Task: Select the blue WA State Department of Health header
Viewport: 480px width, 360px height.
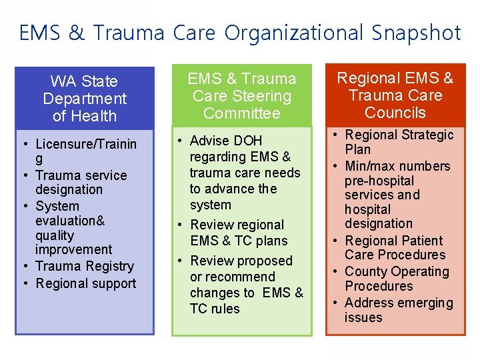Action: (x=85, y=99)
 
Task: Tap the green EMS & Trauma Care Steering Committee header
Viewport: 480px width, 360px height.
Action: (x=242, y=96)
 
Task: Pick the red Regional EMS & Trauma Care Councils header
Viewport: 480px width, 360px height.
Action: (x=395, y=95)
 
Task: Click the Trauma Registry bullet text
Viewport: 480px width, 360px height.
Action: (x=85, y=266)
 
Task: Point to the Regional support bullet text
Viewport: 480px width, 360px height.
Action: (x=86, y=283)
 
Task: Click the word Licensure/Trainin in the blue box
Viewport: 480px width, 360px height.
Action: (x=86, y=144)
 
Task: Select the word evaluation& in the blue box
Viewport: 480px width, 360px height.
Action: (x=70, y=221)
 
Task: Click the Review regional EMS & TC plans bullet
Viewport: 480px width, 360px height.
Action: (x=238, y=233)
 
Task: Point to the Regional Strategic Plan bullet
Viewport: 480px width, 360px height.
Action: (x=399, y=142)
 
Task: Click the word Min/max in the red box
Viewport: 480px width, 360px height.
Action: (x=371, y=166)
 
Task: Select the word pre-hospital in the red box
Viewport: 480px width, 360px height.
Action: (x=379, y=181)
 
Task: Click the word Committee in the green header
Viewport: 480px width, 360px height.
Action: (x=242, y=113)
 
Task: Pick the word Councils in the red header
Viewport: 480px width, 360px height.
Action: (x=395, y=113)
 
